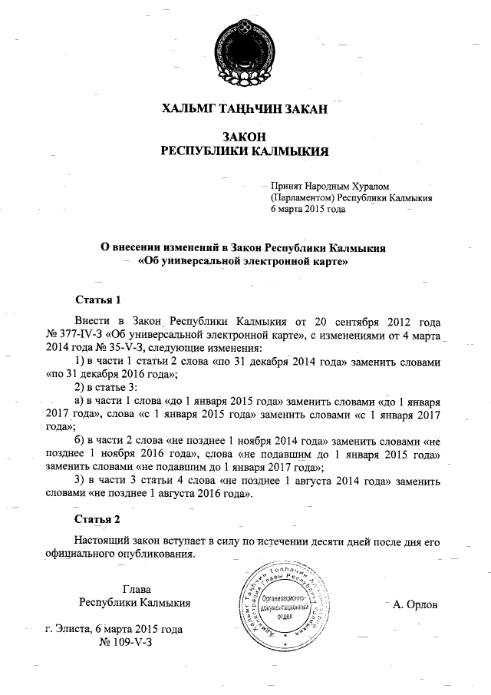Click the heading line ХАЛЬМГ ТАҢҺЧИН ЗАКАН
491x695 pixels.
(245, 109)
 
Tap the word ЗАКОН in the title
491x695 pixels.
(245, 135)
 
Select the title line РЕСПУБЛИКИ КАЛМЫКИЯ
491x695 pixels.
(245, 151)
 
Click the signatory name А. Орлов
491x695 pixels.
(415, 604)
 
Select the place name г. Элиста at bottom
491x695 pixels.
(68, 629)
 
